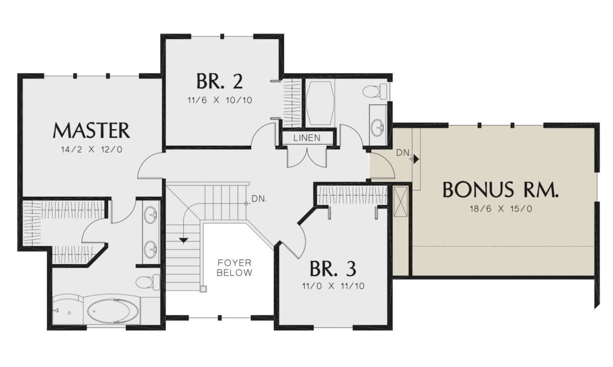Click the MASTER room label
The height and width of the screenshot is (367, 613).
pos(91,130)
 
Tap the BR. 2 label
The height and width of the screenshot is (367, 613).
pos(220,81)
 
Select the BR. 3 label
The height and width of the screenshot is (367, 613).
pos(333,269)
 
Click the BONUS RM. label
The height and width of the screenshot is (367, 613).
pos(500,190)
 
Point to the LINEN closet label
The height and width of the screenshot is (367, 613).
pos(307,138)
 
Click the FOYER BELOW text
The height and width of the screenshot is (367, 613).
pos(234,267)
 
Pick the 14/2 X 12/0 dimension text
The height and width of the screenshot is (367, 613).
pos(91,150)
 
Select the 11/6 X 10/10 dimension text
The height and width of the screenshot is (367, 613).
pos(220,100)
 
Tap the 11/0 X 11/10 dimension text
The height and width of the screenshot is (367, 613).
pos(333,286)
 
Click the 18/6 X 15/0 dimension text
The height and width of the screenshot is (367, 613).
pos(501,209)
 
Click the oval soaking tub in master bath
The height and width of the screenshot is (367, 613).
pos(113,311)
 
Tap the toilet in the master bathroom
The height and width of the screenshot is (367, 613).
pos(148,282)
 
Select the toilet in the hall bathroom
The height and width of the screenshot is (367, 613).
pos(374,91)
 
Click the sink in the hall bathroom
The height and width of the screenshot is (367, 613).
pos(378,127)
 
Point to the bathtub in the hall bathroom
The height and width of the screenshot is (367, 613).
pos(320,103)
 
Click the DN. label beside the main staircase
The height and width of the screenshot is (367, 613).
pos(259,199)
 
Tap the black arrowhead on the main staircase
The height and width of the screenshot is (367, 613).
pos(183,240)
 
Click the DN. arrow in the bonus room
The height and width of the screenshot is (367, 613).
pos(416,159)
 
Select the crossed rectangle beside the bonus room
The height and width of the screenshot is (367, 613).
pos(400,201)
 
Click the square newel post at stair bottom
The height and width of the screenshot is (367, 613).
pos(203,289)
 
